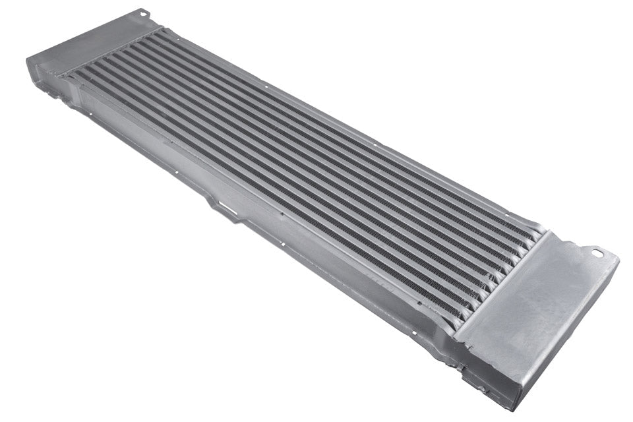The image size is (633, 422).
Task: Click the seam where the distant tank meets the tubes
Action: pos(112,53)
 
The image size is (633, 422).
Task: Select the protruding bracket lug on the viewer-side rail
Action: pos(218,204)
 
